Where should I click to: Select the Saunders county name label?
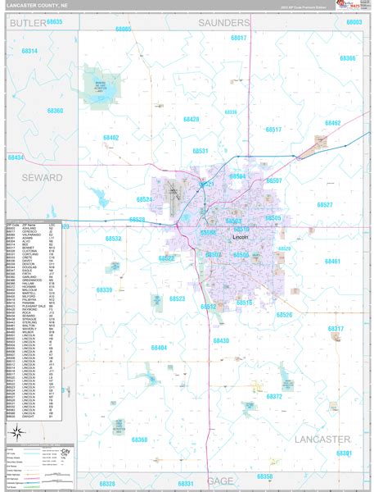[224, 23]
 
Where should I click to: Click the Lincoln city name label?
[241, 237]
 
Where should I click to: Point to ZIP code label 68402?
[110, 137]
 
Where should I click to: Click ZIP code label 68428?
[191, 119]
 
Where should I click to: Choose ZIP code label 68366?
[347, 58]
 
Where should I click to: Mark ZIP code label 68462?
[331, 123]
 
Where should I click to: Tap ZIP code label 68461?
[332, 261]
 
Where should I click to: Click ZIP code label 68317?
[336, 329]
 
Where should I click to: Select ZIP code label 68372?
[274, 396]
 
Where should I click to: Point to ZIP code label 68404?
[159, 348]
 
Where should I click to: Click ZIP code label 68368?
[140, 440]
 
